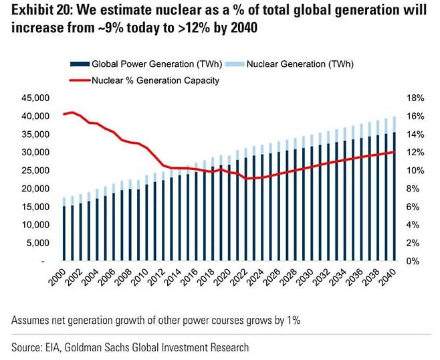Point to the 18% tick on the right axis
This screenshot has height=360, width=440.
414,98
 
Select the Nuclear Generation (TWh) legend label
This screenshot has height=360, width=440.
300,64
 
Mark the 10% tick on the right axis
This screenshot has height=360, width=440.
414,170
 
